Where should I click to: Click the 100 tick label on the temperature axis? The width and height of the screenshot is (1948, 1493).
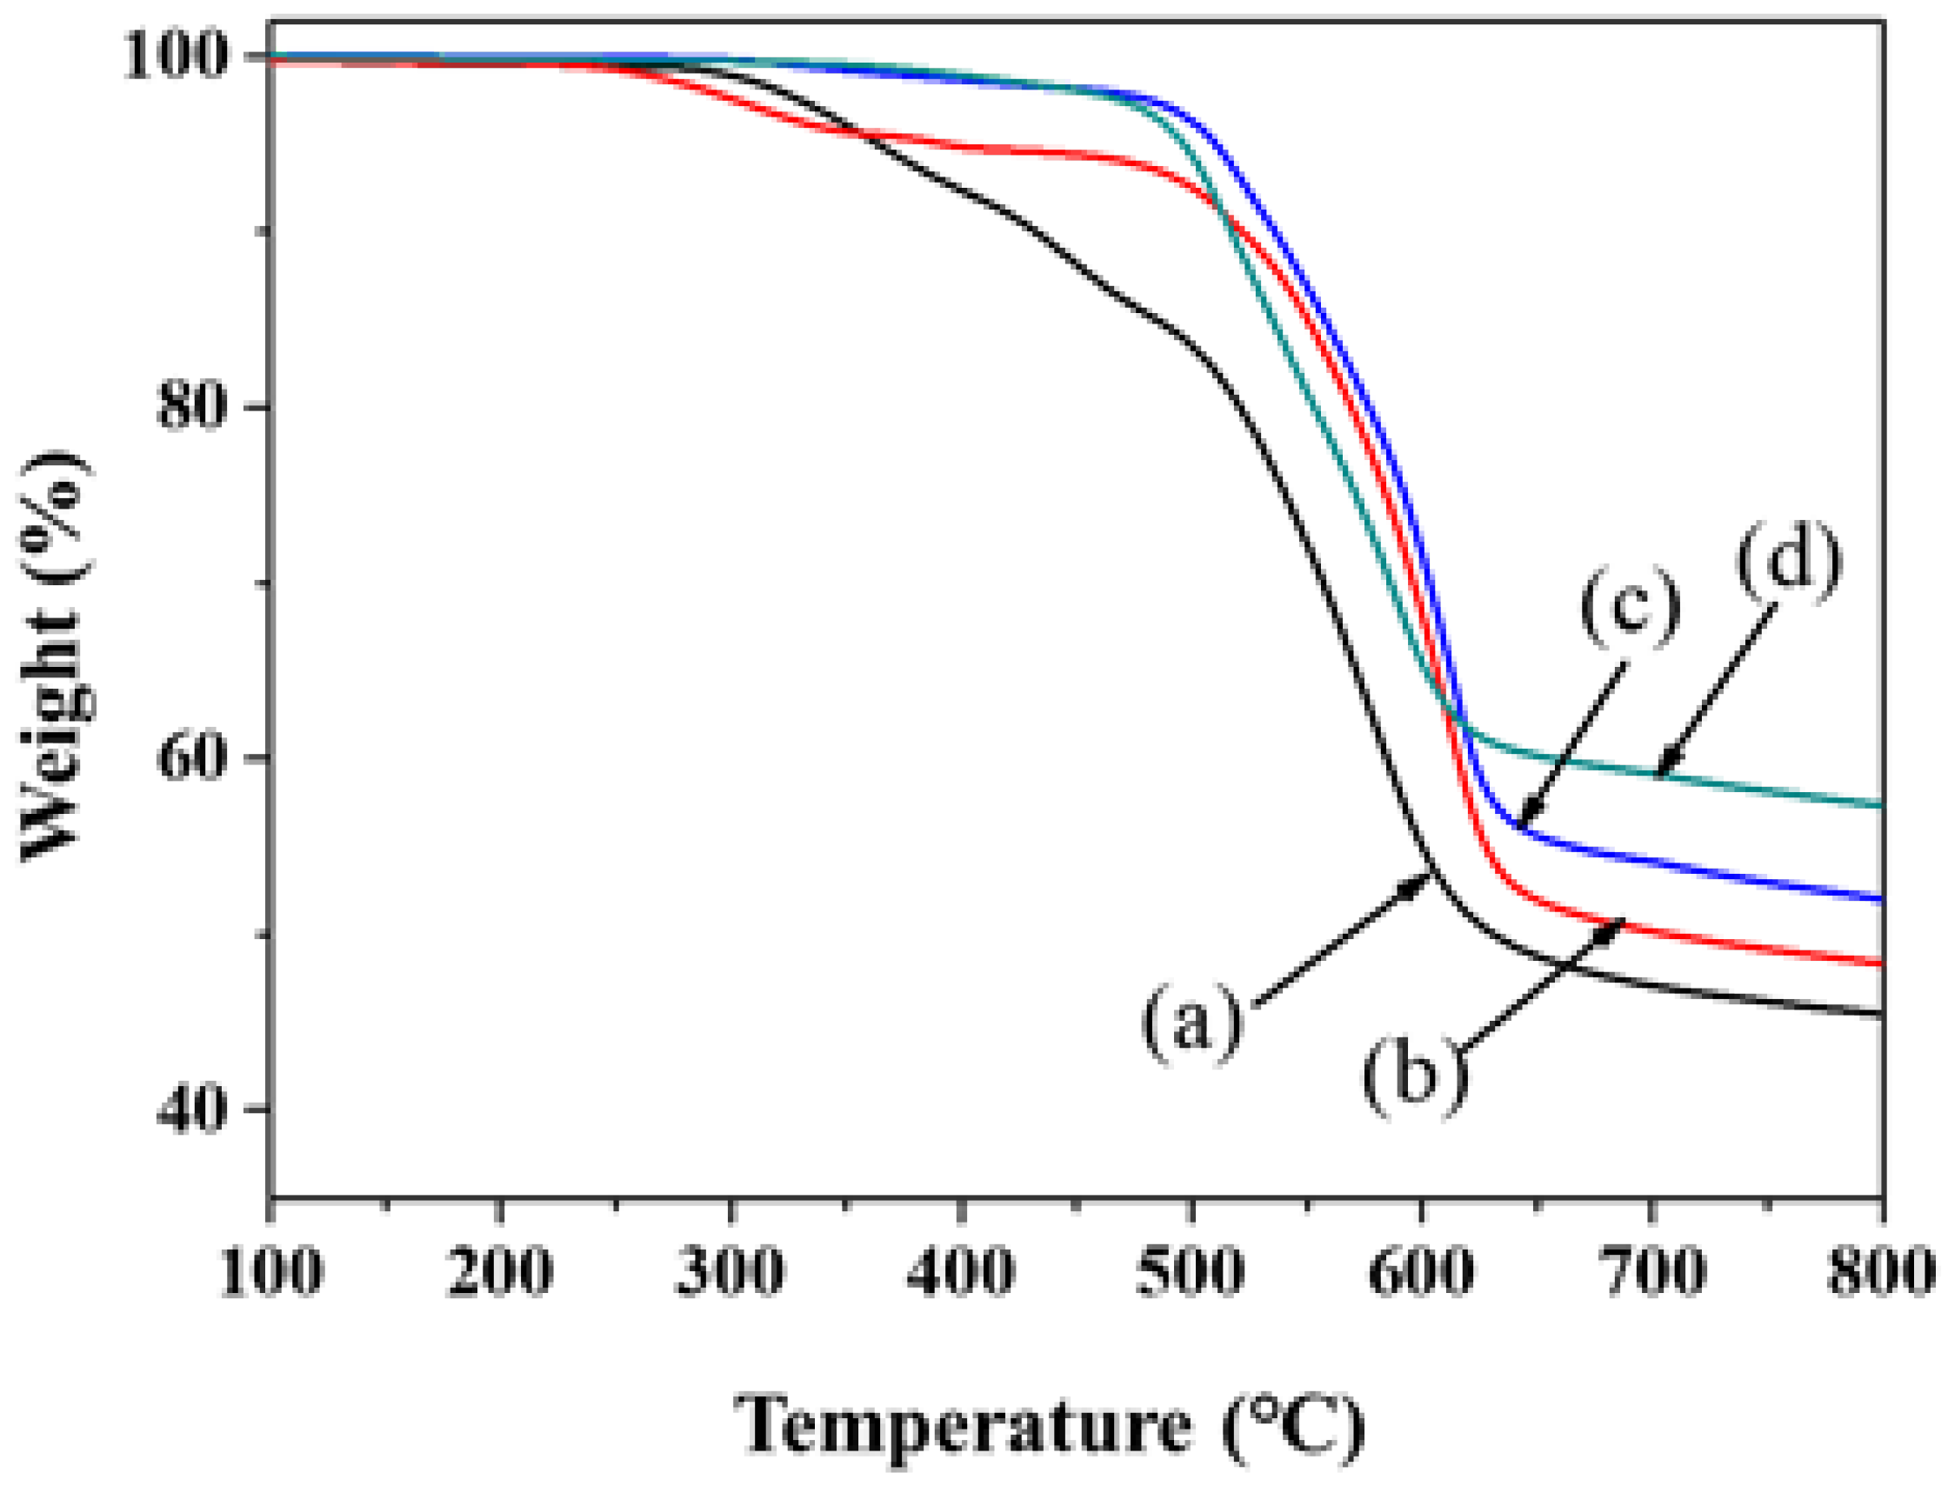[270, 1273]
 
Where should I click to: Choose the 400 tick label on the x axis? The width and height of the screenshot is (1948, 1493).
[961, 1273]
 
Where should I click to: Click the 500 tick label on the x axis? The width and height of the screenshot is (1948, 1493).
[1191, 1273]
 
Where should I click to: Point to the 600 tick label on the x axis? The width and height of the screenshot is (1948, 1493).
[1422, 1273]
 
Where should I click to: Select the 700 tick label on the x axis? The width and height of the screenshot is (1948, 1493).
[1652, 1273]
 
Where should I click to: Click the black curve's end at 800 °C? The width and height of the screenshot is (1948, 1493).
[1880, 1014]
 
